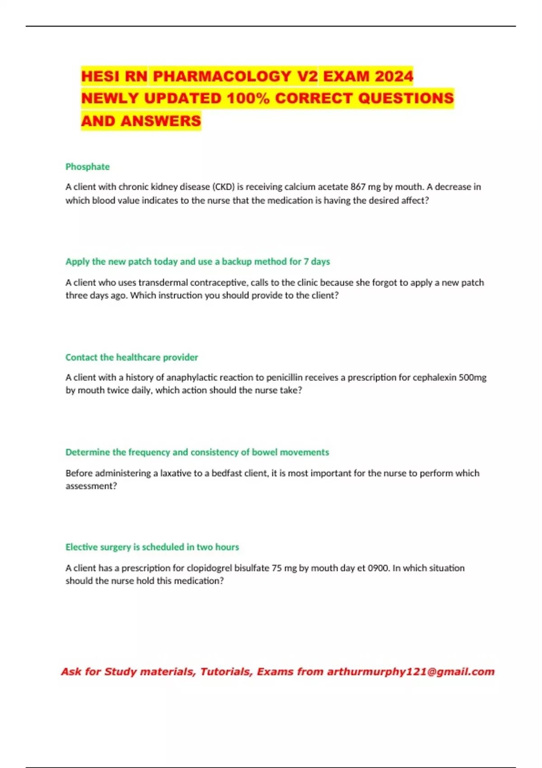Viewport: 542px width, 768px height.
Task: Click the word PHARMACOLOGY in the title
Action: (x=222, y=76)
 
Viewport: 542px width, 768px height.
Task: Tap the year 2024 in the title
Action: (x=394, y=76)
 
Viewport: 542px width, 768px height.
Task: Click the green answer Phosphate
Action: (x=88, y=167)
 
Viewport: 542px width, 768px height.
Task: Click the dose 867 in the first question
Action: (x=358, y=187)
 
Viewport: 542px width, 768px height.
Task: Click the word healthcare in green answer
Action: (x=138, y=357)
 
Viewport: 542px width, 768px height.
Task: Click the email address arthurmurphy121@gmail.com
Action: (x=411, y=672)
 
